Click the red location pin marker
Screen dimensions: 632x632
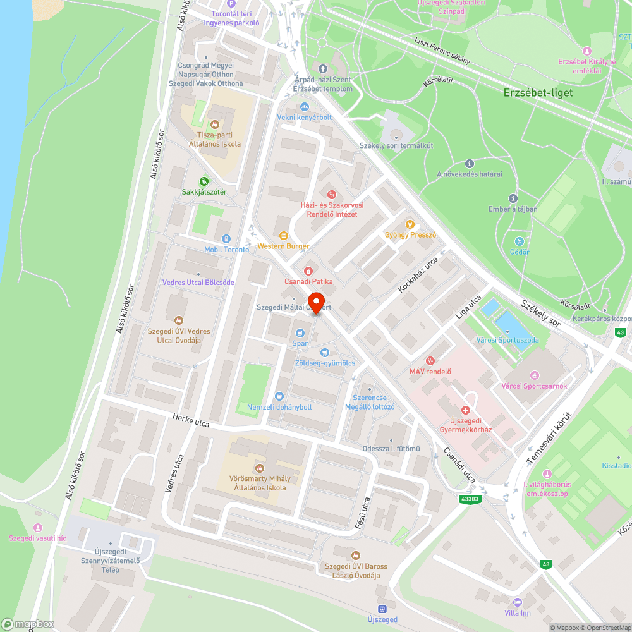[x=315, y=301]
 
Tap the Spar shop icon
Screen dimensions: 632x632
[x=300, y=333]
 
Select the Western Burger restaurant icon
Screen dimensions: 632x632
[x=283, y=236]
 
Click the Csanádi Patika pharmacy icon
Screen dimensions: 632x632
[x=308, y=270]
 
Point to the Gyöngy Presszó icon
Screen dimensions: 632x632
[x=410, y=224]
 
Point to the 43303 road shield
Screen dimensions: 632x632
[x=470, y=499]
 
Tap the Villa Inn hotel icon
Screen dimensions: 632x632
[x=518, y=602]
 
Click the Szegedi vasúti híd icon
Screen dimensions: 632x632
[x=37, y=528]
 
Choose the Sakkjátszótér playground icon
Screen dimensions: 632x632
[x=204, y=181]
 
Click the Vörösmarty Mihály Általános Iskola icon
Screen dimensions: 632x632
[x=259, y=468]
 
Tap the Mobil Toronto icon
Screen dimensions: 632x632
[x=226, y=238]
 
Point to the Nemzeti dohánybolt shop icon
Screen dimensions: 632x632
[x=279, y=396]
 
